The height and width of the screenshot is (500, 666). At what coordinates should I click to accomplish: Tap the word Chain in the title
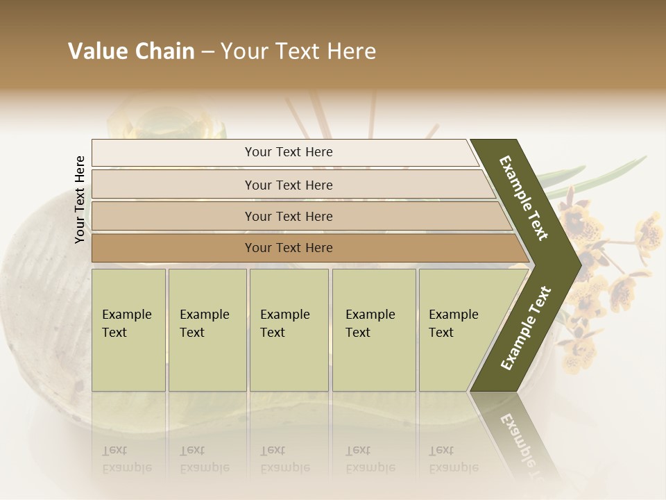[x=163, y=51]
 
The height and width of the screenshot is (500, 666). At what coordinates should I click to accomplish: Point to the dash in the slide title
[x=207, y=52]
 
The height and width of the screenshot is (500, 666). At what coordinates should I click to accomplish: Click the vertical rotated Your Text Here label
[x=80, y=199]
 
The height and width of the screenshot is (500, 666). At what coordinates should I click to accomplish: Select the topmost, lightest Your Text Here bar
[x=289, y=152]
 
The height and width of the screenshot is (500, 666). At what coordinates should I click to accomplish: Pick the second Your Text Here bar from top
[x=289, y=185]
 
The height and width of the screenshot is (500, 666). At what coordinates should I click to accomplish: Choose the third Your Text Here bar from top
[x=289, y=216]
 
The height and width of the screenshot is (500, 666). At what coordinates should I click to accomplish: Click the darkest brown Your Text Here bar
[x=289, y=248]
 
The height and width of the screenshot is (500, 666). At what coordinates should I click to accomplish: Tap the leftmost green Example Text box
[x=128, y=330]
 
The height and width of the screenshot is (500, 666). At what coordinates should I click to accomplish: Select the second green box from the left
[x=207, y=330]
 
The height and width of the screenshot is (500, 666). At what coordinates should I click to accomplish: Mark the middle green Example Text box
[x=289, y=330]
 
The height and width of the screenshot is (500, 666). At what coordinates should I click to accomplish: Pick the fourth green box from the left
[x=374, y=330]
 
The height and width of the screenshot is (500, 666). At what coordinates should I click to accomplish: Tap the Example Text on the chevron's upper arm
[x=524, y=198]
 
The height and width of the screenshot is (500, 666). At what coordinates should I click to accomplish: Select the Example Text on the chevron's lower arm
[x=526, y=328]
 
